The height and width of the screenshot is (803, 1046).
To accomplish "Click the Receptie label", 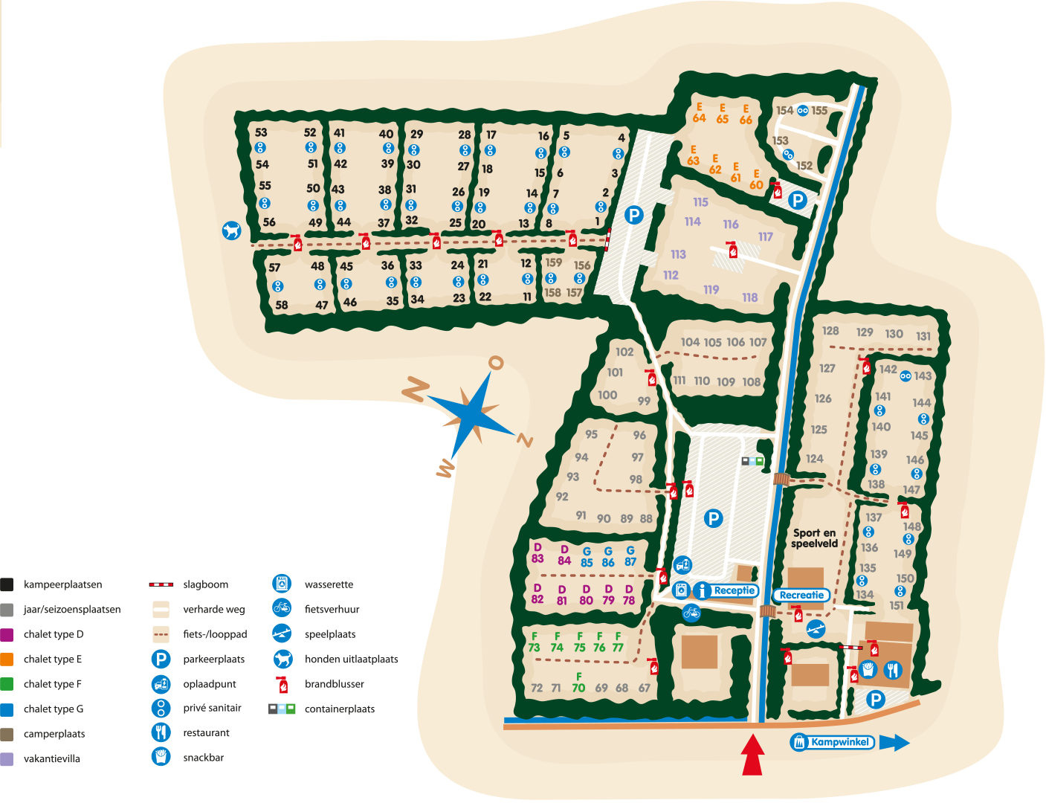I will (x=734, y=590).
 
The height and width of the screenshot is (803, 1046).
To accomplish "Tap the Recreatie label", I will (x=801, y=595).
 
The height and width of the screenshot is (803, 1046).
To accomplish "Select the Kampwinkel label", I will (x=839, y=742).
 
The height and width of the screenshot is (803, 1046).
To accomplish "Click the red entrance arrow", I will (x=753, y=755).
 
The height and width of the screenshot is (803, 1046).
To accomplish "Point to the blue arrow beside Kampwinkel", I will (x=894, y=742).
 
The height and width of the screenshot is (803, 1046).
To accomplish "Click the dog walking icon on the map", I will (x=232, y=230).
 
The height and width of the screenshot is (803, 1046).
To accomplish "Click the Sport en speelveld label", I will (x=814, y=538).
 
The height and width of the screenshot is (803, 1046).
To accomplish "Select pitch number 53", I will (x=261, y=132).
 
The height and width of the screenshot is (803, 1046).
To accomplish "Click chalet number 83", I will (x=537, y=558).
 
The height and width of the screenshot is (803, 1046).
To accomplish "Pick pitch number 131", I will (x=923, y=336).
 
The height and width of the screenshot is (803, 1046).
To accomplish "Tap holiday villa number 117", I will (x=766, y=236).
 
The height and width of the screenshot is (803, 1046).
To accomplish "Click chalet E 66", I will (x=746, y=120).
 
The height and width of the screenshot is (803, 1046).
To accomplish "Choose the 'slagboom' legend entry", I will (x=204, y=584).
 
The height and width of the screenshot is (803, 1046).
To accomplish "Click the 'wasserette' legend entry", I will (x=328, y=584).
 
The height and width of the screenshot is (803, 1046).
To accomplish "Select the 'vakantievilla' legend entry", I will (x=51, y=758).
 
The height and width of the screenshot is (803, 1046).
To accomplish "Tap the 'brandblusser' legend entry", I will (x=334, y=684).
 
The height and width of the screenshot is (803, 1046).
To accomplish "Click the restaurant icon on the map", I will (x=892, y=670).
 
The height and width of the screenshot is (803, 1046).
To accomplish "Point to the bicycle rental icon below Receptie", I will (x=691, y=613).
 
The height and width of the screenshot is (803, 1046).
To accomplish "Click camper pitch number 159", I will (x=554, y=262).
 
